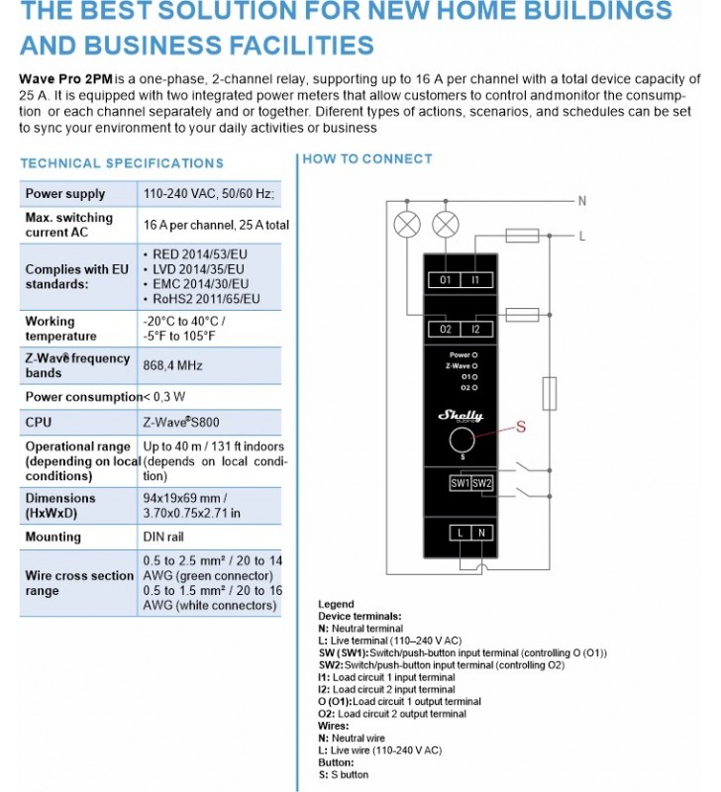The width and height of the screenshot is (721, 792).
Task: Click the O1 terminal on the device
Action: [446, 280]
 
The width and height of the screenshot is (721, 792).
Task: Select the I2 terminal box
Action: [476, 329]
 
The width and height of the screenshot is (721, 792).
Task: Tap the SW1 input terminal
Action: [460, 483]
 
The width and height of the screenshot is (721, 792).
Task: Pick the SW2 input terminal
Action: [481, 483]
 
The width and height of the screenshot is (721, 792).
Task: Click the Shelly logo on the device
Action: [459, 416]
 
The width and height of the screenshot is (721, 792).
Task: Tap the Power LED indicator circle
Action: [476, 354]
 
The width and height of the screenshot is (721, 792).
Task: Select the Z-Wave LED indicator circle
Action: [476, 366]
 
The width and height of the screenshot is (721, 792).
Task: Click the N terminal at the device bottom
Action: [481, 534]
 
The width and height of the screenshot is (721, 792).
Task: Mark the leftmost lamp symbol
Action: [406, 224]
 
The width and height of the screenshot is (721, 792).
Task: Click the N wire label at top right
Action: [582, 201]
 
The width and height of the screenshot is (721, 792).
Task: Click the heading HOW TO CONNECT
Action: [367, 158]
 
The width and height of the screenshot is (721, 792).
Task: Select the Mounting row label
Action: [53, 537]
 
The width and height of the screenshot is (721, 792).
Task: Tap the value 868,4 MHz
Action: [173, 365]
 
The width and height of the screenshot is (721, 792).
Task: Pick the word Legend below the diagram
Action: [336, 604]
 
